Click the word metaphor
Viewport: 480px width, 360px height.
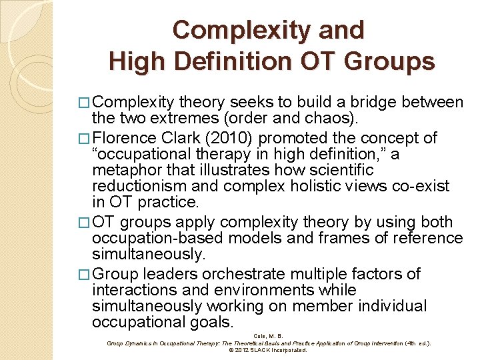[125, 170]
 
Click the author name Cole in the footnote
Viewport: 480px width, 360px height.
[261, 336]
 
